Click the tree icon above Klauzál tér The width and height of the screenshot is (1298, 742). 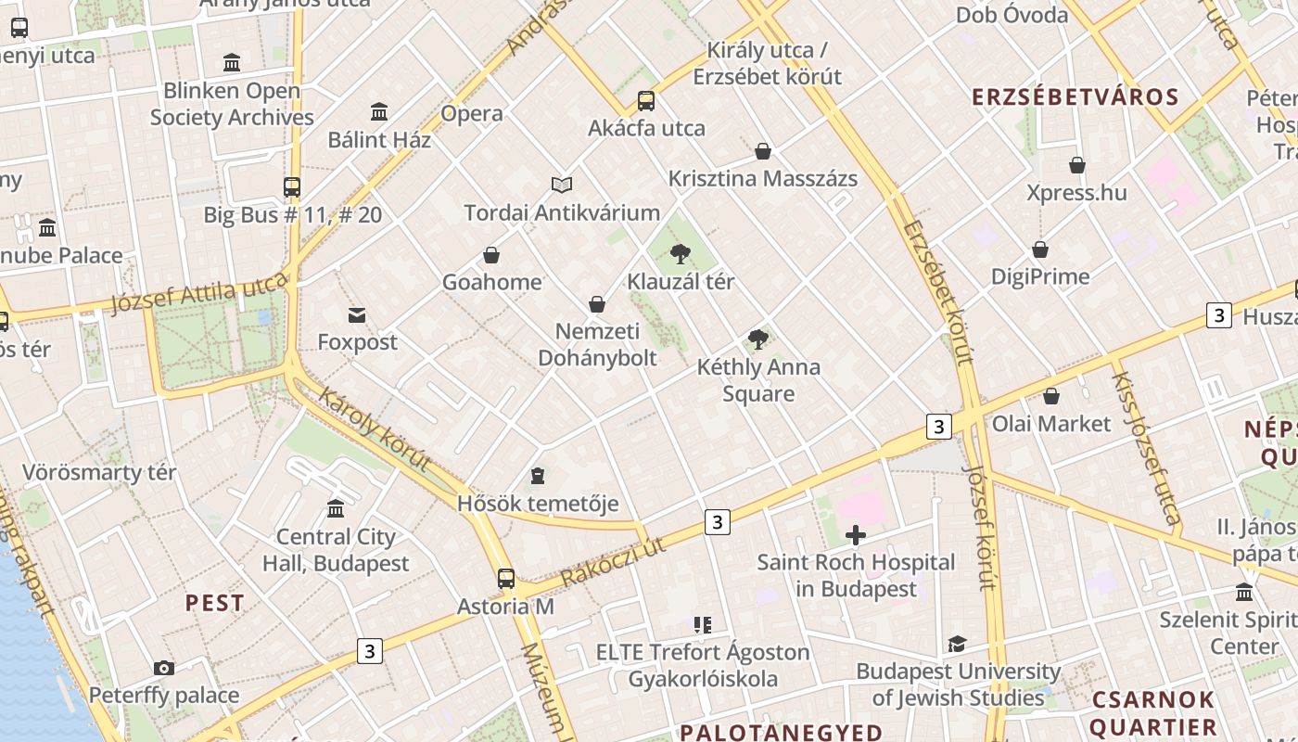click(x=681, y=253)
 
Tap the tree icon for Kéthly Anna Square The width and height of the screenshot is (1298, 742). click(x=758, y=339)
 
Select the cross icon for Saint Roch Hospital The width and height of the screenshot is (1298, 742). click(x=856, y=535)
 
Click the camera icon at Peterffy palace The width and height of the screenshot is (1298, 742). click(x=164, y=668)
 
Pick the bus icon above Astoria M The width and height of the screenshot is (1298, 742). click(x=506, y=579)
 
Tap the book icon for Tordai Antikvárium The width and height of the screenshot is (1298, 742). click(x=562, y=185)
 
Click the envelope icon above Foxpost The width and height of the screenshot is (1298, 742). click(x=357, y=315)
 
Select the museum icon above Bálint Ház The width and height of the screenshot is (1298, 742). click(x=379, y=112)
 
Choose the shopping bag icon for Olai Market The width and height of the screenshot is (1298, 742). click(x=1050, y=396)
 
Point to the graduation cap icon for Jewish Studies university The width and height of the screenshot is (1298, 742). click(x=957, y=644)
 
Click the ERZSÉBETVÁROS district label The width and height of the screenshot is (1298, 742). click(x=1075, y=97)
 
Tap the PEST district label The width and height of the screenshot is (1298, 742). click(x=214, y=603)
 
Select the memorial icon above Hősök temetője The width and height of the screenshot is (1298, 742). click(x=538, y=477)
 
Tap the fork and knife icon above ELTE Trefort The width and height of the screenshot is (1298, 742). click(x=703, y=625)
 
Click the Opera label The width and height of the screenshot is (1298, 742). click(x=472, y=114)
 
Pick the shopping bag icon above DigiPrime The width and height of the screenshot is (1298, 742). click(x=1040, y=249)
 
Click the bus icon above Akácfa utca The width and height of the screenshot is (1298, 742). click(x=646, y=101)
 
